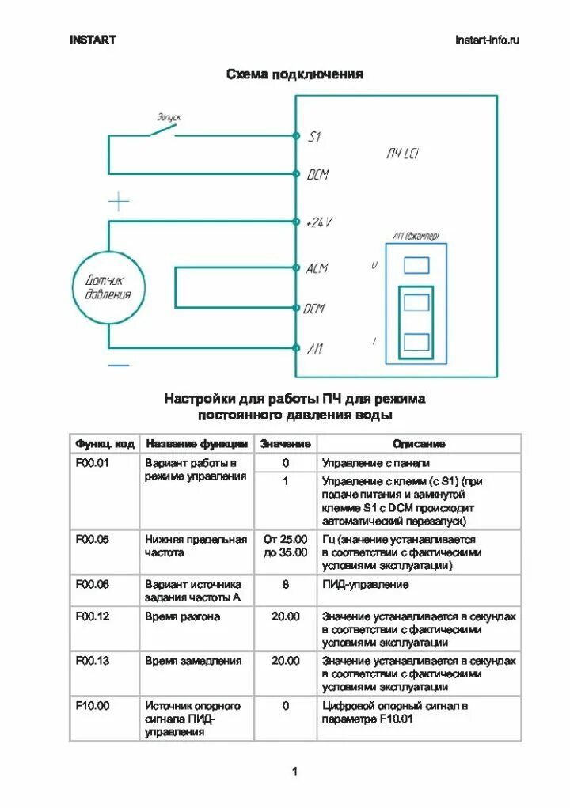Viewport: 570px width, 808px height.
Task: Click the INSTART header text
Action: click(x=92, y=40)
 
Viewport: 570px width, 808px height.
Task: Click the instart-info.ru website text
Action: click(x=487, y=40)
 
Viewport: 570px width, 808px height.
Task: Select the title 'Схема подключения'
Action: click(x=294, y=74)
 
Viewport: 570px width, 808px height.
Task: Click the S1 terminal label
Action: click(x=314, y=137)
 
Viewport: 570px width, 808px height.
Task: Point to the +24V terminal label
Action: click(x=319, y=223)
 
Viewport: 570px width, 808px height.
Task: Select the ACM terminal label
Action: click(x=317, y=269)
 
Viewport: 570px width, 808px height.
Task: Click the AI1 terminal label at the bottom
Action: click(x=315, y=348)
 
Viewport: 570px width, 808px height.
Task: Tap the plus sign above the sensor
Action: click(x=118, y=201)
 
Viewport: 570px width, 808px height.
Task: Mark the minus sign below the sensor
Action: click(x=118, y=365)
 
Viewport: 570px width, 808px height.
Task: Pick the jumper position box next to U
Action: click(x=416, y=265)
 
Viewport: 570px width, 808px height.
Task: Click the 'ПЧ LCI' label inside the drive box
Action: click(x=403, y=154)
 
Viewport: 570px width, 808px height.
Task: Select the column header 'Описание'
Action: click(x=419, y=444)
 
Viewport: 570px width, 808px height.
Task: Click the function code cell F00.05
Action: click(x=93, y=540)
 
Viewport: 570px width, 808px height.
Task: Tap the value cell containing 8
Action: click(x=286, y=585)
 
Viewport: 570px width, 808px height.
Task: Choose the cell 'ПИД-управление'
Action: click(x=366, y=585)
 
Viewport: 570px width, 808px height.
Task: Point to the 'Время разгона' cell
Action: click(x=183, y=616)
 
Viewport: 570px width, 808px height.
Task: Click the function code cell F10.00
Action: click(x=93, y=705)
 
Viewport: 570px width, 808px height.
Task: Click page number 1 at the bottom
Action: click(x=294, y=772)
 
